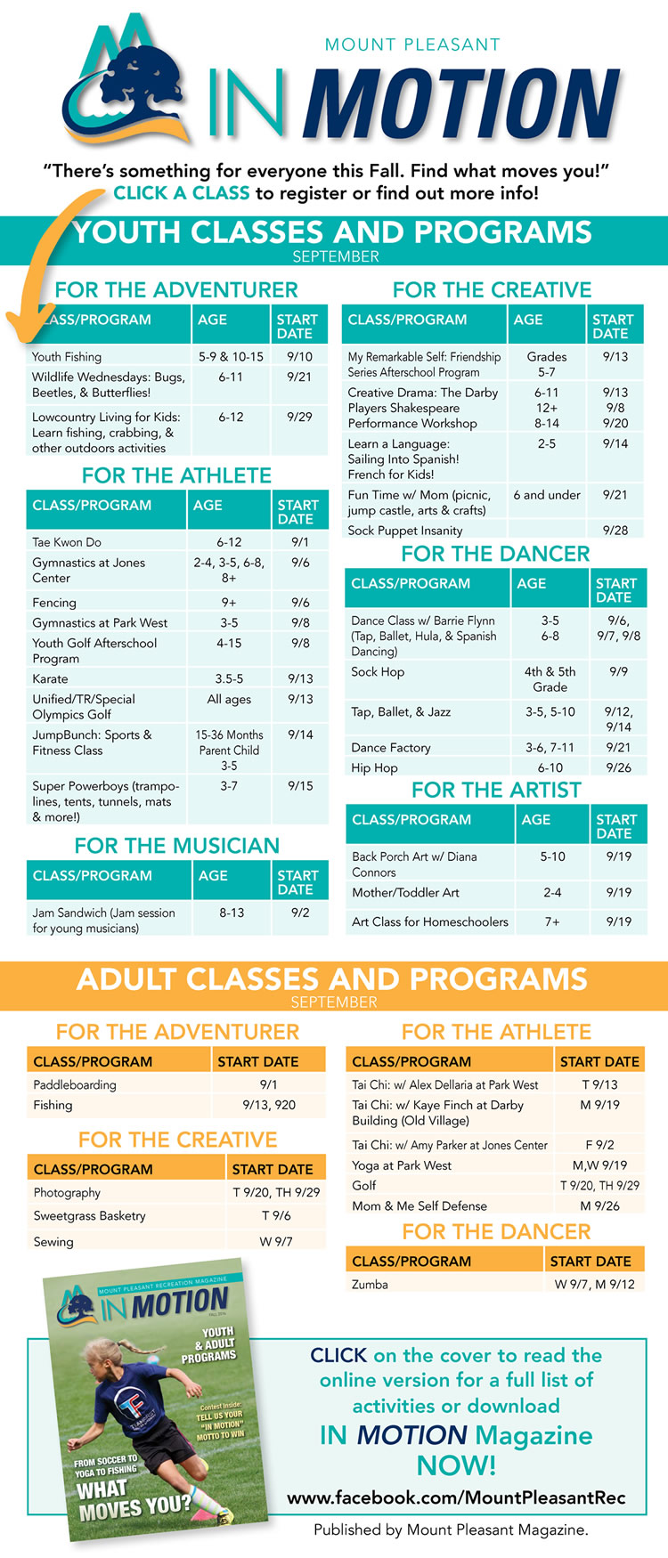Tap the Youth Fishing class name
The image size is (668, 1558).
click(x=67, y=357)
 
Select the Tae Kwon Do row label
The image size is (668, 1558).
click(x=67, y=542)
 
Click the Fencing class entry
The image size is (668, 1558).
click(x=54, y=603)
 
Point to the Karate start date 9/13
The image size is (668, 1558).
click(x=300, y=678)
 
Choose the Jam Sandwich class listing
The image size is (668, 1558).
click(x=103, y=921)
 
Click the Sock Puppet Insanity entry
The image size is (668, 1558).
click(x=405, y=531)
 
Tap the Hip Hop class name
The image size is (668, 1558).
click(x=374, y=767)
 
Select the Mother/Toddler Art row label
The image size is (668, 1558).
click(x=405, y=892)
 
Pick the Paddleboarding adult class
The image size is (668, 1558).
click(x=75, y=1085)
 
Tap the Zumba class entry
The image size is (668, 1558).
click(x=370, y=1285)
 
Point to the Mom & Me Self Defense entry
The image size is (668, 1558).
click(x=420, y=1206)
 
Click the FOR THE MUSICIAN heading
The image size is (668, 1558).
click(x=177, y=846)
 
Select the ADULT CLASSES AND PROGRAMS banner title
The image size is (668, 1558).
click(x=332, y=979)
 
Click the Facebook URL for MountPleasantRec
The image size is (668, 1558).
click(x=456, y=1498)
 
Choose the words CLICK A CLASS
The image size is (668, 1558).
click(x=182, y=193)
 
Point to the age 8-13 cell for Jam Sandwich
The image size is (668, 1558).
click(x=232, y=913)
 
